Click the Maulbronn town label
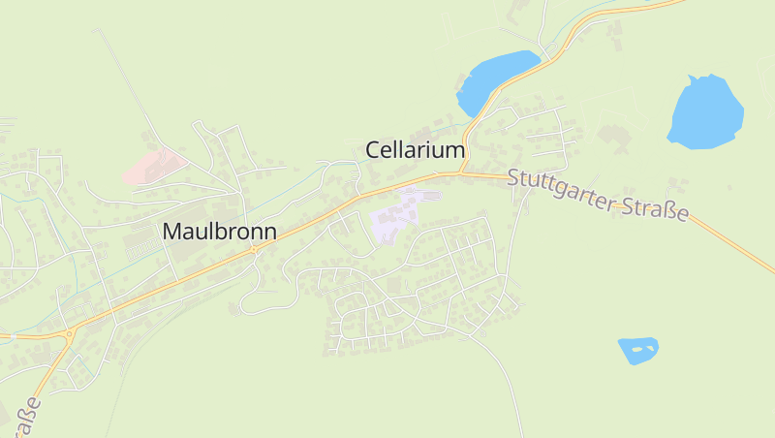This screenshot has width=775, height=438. (220, 233)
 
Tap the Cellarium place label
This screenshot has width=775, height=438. (416, 150)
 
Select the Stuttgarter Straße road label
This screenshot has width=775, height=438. (598, 195)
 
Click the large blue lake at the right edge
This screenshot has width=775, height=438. (705, 111)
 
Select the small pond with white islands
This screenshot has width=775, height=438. (637, 349)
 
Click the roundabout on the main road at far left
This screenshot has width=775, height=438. (70, 335)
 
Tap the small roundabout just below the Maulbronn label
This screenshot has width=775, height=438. (254, 249)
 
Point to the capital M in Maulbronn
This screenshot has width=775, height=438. (172, 233)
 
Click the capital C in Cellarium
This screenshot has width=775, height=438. (373, 150)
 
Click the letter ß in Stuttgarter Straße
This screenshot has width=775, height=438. (671, 210)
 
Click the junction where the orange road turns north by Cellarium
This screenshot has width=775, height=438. (462, 172)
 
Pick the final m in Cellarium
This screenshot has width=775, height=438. (456, 150)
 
